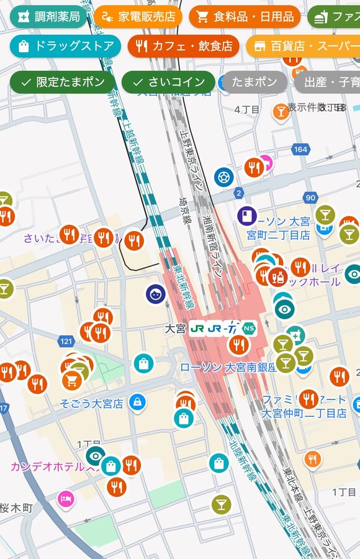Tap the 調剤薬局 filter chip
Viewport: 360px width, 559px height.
48,17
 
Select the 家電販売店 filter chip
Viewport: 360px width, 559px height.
138,17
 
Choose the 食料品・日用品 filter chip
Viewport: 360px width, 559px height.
245,17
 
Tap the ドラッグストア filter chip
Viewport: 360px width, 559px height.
66,46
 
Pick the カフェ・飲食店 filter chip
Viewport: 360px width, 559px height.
183,46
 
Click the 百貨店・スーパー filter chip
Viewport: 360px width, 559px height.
303,46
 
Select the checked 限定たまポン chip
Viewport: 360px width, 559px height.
62,82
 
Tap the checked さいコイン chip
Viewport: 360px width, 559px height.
168,82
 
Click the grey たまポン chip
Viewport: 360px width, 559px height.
254,82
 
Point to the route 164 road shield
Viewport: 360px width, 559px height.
301,150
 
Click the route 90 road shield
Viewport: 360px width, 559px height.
310,198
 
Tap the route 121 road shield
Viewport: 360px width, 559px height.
66,342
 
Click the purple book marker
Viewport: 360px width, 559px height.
246,216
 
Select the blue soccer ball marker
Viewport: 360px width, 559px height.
224,177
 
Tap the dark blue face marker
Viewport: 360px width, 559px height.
156,294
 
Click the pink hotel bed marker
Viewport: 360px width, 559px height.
66,498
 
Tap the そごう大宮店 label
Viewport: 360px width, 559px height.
91,404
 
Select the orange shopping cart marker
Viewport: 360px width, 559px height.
72,380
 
